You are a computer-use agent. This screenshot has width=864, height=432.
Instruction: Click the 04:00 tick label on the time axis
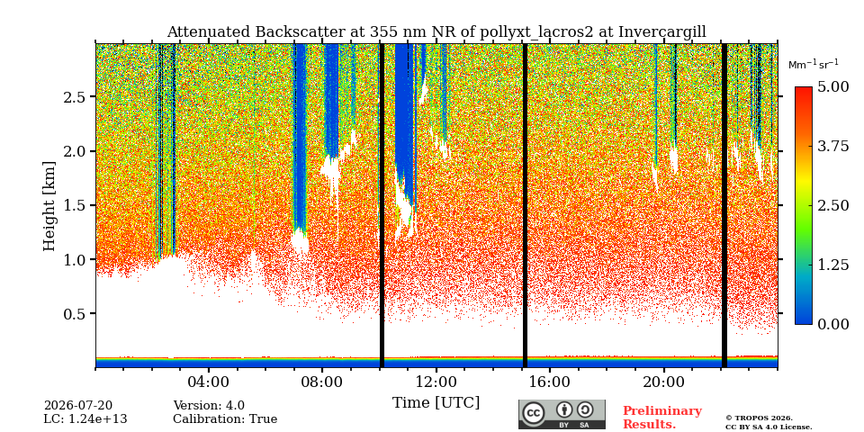(x=209, y=382)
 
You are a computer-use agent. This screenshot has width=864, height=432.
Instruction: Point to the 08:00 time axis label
(x=322, y=382)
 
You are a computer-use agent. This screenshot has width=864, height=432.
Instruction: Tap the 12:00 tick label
(x=436, y=382)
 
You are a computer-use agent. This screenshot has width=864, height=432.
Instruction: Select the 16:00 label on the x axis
(x=549, y=382)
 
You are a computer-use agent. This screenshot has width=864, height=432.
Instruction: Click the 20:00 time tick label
(x=663, y=382)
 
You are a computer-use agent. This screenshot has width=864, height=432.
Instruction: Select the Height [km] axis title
(x=49, y=206)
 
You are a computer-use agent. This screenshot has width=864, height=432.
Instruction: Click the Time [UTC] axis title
(x=436, y=403)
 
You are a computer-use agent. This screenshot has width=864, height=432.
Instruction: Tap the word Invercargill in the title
(x=662, y=32)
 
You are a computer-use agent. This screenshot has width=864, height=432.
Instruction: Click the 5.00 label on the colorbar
(x=832, y=87)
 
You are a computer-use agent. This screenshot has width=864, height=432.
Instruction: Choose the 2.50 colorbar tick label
(x=832, y=205)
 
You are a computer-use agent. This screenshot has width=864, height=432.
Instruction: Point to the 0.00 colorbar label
(x=832, y=324)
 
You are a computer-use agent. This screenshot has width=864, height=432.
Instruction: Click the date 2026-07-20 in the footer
(x=78, y=406)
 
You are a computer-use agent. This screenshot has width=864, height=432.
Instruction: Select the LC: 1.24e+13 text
(x=85, y=419)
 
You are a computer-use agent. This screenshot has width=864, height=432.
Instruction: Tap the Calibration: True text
(x=225, y=419)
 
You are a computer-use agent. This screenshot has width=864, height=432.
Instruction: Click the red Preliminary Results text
(x=662, y=417)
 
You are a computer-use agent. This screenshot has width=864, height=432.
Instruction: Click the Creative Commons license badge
(x=562, y=414)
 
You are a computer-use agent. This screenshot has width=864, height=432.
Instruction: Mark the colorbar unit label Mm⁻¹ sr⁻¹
(x=814, y=65)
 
